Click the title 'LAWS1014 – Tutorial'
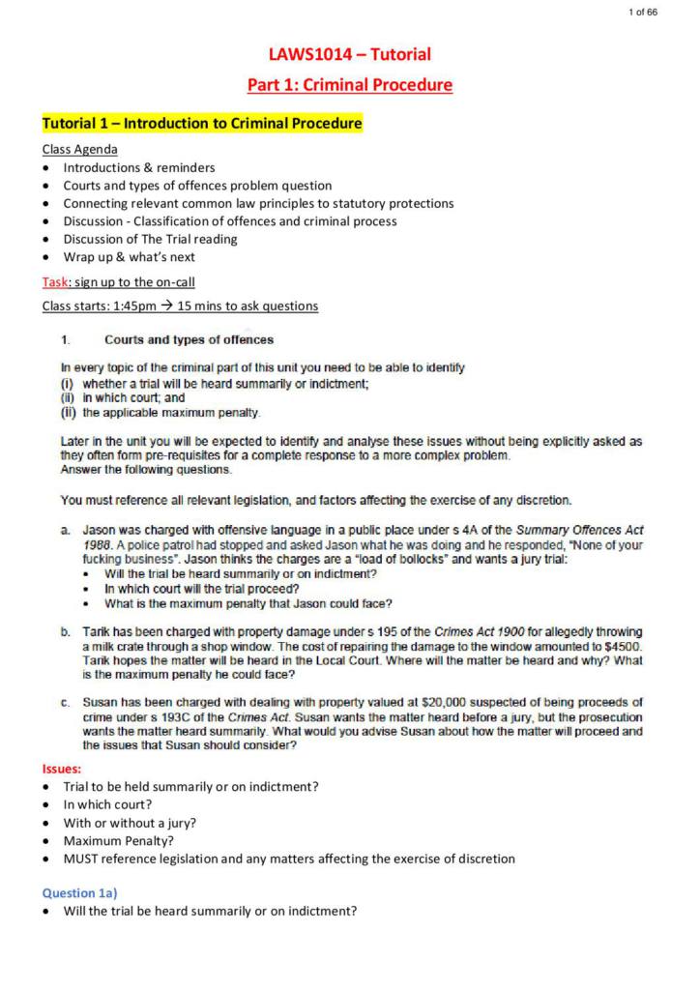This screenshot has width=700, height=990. (350, 54)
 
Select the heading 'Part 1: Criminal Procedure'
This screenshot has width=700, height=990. (350, 85)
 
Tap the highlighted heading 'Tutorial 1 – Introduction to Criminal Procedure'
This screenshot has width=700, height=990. (202, 124)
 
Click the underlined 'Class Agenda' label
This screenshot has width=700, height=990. (80, 149)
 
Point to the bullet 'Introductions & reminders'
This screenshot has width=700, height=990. (139, 167)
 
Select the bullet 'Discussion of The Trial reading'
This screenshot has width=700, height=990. (150, 239)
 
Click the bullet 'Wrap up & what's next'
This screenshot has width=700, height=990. (129, 257)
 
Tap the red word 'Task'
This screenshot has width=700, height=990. (53, 281)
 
